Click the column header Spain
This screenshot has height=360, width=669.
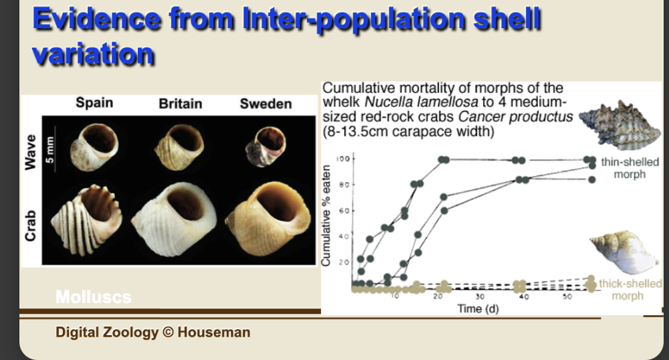[94, 103]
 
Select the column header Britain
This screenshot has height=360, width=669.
[181, 104]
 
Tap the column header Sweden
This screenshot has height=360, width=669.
[266, 104]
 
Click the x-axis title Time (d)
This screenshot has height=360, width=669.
[478, 308]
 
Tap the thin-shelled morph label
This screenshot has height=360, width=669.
[629, 168]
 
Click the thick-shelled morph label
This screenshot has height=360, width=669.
[629, 289]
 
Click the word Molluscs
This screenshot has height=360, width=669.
[93, 297]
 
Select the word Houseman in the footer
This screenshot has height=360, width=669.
[214, 332]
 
